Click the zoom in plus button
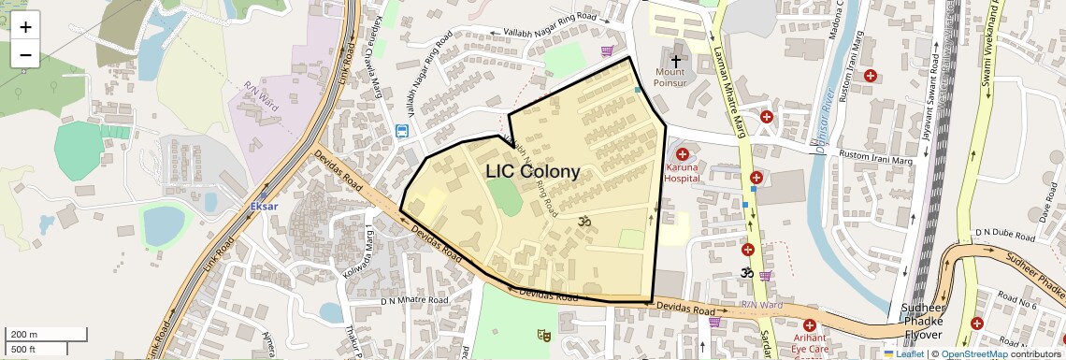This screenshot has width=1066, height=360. coord(25,27)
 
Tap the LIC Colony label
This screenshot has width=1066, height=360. coord(532,172)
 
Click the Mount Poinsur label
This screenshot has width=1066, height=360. coord(670,78)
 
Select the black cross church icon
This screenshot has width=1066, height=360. coord(676,60)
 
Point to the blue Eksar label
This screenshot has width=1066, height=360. coord(265,206)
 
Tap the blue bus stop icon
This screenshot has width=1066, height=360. coord(402,132)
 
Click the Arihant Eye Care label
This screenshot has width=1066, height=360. coord(809,342)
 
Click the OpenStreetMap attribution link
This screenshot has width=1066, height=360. coord(974,353)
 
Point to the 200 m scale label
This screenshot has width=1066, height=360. coord(24,334)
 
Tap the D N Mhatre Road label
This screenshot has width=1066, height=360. coord(414,301)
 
